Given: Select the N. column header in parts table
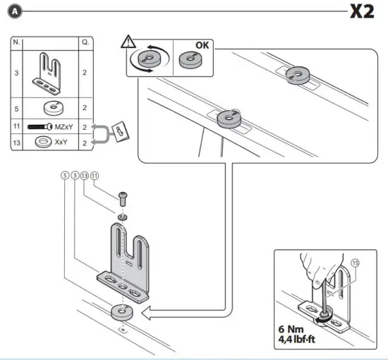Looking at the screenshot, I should (x=16, y=43).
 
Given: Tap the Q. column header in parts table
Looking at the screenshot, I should (x=85, y=43).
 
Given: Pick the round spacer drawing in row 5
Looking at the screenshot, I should (x=51, y=108).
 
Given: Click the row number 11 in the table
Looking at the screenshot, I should (x=16, y=127).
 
